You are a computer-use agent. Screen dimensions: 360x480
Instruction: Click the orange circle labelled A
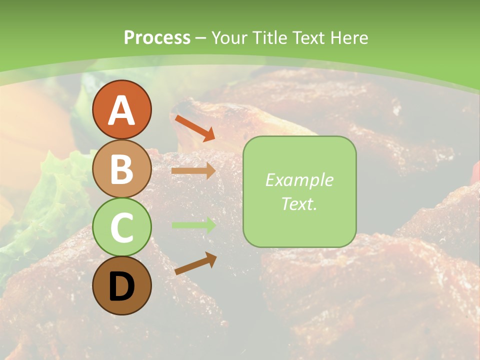coord(121,109)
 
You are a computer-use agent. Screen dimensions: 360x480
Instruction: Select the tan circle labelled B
coord(121,168)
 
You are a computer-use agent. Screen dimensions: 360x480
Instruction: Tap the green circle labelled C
coord(121,227)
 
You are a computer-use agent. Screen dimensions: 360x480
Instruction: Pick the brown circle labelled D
coord(121,285)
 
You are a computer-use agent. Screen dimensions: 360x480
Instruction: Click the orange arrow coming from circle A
coord(194,127)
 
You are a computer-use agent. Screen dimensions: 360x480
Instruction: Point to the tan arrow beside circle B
coord(193,171)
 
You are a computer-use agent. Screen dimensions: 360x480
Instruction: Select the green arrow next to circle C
coord(193,225)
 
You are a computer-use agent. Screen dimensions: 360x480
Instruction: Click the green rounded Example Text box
coord(299,191)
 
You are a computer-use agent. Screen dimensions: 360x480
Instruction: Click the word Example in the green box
coord(299,180)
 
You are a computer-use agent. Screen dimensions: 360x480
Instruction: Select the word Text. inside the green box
coord(299,204)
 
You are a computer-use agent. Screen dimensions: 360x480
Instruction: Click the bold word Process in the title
coord(157,37)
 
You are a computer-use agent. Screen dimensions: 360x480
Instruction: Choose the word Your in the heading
coord(229,37)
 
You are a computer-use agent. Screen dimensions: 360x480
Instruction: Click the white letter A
coord(121,110)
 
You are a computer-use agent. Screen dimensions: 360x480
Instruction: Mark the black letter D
coord(121,286)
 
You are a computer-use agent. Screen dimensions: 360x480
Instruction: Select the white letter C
coord(121,228)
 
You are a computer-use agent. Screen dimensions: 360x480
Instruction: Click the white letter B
coord(121,169)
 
